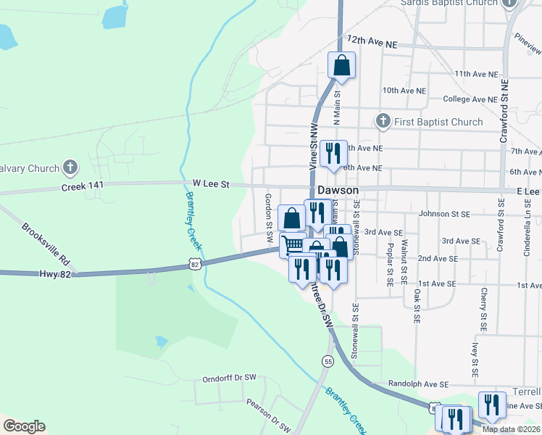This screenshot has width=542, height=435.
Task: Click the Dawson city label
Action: pyautogui.click(x=337, y=189)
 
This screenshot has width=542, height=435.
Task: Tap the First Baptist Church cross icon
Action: pyautogui.click(x=383, y=121)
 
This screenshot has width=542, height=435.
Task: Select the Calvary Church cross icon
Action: pyautogui.click(x=70, y=168)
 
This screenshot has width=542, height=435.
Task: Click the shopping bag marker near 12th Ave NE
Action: pyautogui.click(x=341, y=65)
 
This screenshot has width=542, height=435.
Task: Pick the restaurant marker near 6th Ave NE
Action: pyautogui.click(x=333, y=153)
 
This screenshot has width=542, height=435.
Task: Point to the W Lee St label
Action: pyautogui.click(x=211, y=185)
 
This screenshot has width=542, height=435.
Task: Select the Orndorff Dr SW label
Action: pyautogui.click(x=230, y=378)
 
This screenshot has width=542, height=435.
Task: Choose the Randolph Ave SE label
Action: pyautogui.click(x=420, y=384)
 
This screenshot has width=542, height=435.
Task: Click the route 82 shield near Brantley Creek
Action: pyautogui.click(x=195, y=265)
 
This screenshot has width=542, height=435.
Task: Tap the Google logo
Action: pyautogui.click(x=24, y=426)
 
